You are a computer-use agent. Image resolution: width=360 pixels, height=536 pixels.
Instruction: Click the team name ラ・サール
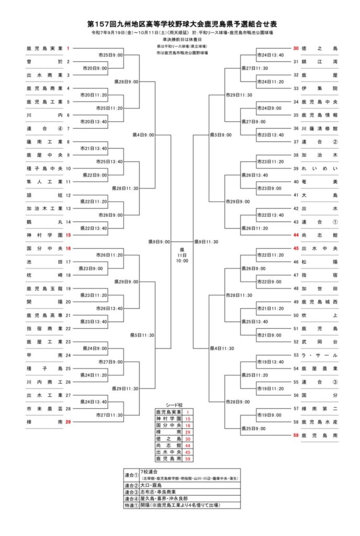coord(320,355)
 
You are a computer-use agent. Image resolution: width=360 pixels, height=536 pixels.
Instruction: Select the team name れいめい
coord(320,168)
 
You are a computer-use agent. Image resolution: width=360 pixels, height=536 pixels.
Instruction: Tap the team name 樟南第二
coord(320,408)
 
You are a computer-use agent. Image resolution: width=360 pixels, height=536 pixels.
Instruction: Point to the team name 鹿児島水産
coord(320,421)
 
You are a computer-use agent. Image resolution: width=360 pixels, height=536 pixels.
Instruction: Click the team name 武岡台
coord(320,342)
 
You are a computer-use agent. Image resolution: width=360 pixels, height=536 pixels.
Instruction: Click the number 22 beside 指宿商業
coord(68,328)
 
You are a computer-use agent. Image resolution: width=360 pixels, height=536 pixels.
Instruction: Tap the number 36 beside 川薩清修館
coord(296,128)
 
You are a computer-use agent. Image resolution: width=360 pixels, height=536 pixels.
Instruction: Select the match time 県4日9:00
coord(143,135)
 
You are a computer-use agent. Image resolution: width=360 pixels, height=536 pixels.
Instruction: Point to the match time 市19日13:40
coord(270,362)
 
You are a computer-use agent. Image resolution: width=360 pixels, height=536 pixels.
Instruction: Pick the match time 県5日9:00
coord(220,135)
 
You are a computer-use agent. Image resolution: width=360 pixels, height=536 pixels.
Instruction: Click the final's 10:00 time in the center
coord(182,261)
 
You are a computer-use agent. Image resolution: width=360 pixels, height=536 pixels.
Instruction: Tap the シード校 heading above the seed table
coord(174,405)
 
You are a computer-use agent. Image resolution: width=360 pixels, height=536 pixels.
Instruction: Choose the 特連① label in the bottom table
coord(131,506)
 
